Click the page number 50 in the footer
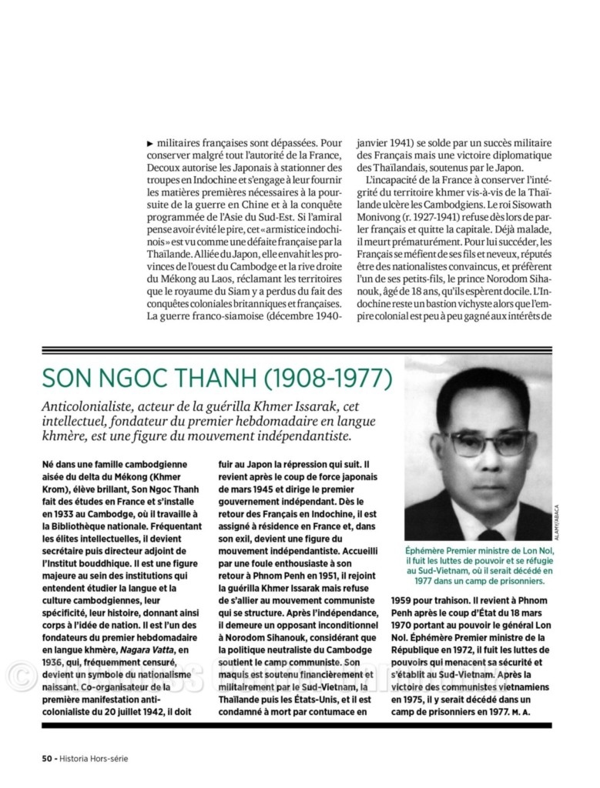46,758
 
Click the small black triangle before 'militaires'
149,143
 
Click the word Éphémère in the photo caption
431,552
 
